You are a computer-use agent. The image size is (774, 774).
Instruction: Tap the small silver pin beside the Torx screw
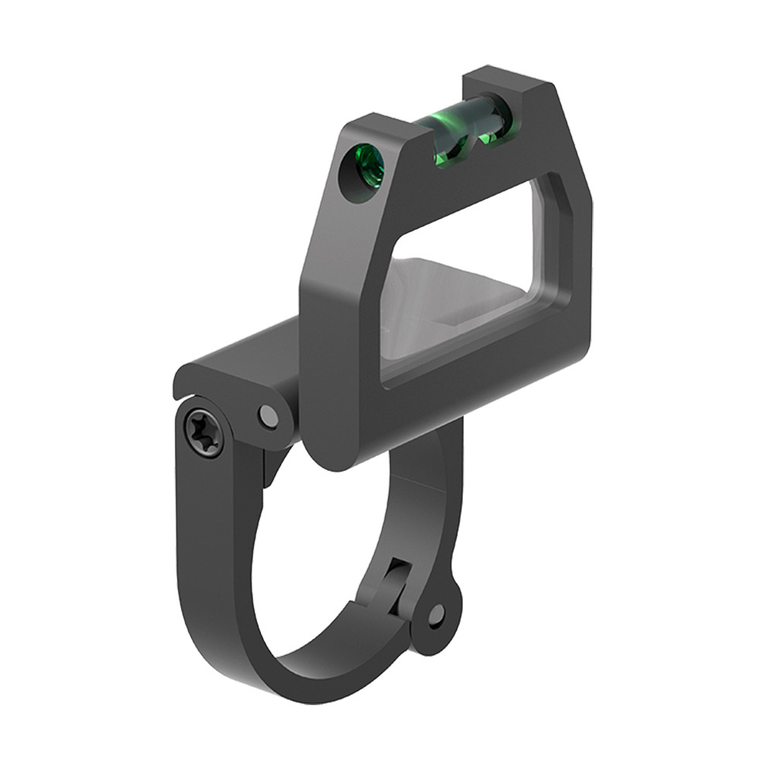coord(269,416)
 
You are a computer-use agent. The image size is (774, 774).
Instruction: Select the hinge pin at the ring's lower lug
coord(437,615)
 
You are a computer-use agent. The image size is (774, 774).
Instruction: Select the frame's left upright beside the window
coord(341,310)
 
